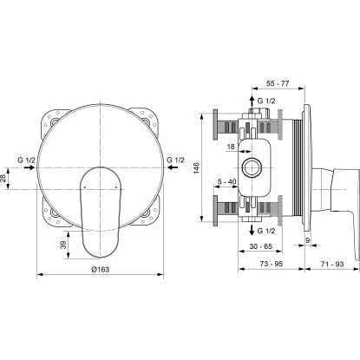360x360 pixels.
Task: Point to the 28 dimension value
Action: [4, 178]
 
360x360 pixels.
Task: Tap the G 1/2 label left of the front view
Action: [27, 160]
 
